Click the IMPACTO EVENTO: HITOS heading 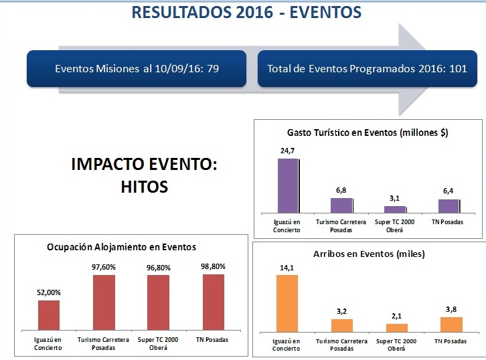(x=144, y=176)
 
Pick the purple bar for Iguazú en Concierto (x=289, y=185)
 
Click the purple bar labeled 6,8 (x=341, y=205)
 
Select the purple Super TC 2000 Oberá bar (x=394, y=209)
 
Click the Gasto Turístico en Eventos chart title (x=368, y=133)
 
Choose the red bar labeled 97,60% (x=104, y=302)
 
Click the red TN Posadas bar (x=213, y=301)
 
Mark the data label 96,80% (x=158, y=268)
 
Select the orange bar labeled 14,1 (x=287, y=303)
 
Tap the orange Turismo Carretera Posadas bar (x=342, y=325)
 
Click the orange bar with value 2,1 (x=396, y=327)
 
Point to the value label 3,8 (x=451, y=309)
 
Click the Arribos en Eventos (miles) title (x=369, y=254)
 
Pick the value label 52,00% (x=49, y=292)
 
